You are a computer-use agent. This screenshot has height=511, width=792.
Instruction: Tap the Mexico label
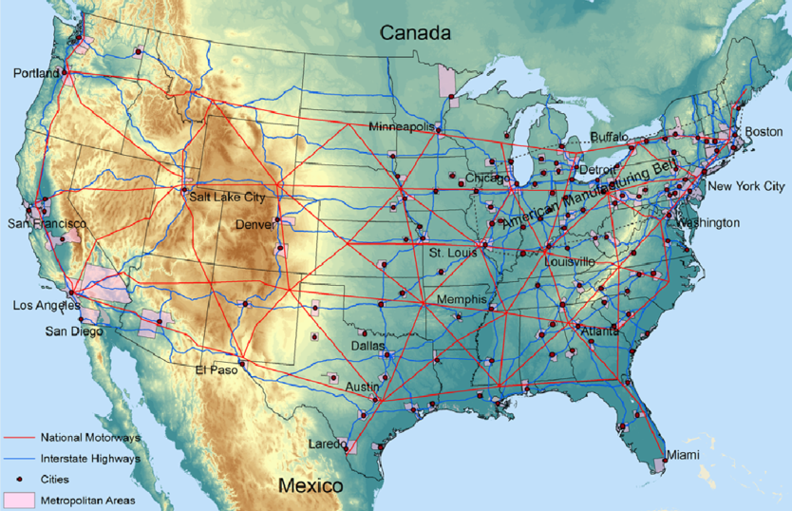coord(310,486)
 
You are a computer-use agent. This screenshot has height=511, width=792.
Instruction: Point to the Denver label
coord(254,225)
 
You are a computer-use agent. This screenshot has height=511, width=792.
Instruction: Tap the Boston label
coord(764,131)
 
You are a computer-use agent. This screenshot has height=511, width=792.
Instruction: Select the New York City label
coord(746,186)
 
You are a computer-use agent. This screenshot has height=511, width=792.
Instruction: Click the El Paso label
coord(217,370)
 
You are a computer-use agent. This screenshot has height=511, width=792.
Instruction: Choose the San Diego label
coord(73,331)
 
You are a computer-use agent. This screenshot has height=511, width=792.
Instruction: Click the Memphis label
coord(462,299)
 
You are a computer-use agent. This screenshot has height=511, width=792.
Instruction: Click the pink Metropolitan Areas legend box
coord(18,500)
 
